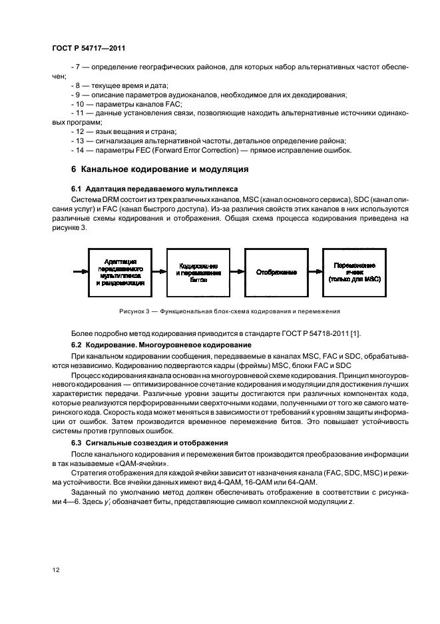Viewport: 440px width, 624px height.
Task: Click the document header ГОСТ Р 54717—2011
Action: point(89,49)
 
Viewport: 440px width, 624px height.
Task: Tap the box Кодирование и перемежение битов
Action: point(197,273)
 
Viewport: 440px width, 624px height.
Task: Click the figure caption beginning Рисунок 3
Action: point(220,311)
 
